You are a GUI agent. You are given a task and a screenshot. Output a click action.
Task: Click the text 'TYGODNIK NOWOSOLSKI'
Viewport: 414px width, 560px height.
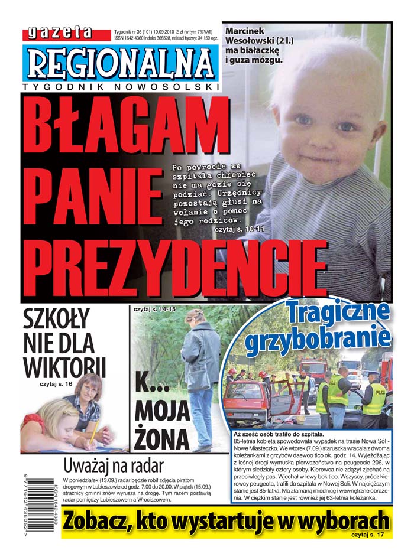[x=121, y=87]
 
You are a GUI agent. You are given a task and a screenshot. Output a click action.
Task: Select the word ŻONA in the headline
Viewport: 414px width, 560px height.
[x=161, y=438]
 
